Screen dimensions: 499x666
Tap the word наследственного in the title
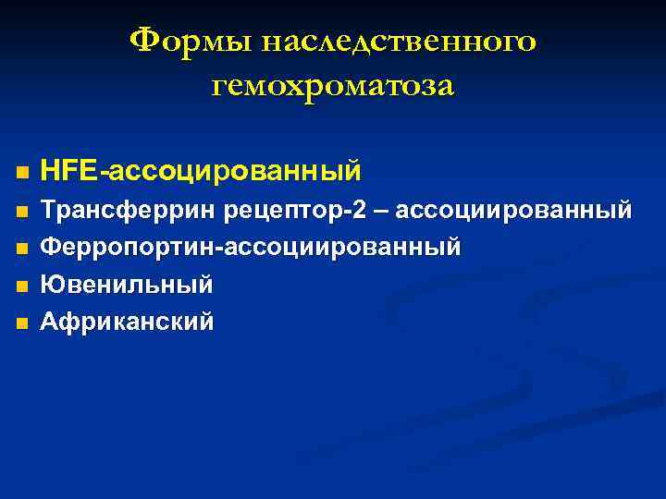(x=400, y=41)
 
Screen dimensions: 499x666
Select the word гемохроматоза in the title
(x=333, y=86)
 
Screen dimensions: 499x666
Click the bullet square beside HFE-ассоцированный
(x=22, y=173)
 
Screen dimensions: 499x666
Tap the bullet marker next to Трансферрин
(x=22, y=212)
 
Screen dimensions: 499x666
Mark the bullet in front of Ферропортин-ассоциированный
(x=22, y=249)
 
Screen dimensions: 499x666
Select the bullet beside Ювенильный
(x=22, y=286)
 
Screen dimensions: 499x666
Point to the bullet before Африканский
(x=22, y=323)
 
